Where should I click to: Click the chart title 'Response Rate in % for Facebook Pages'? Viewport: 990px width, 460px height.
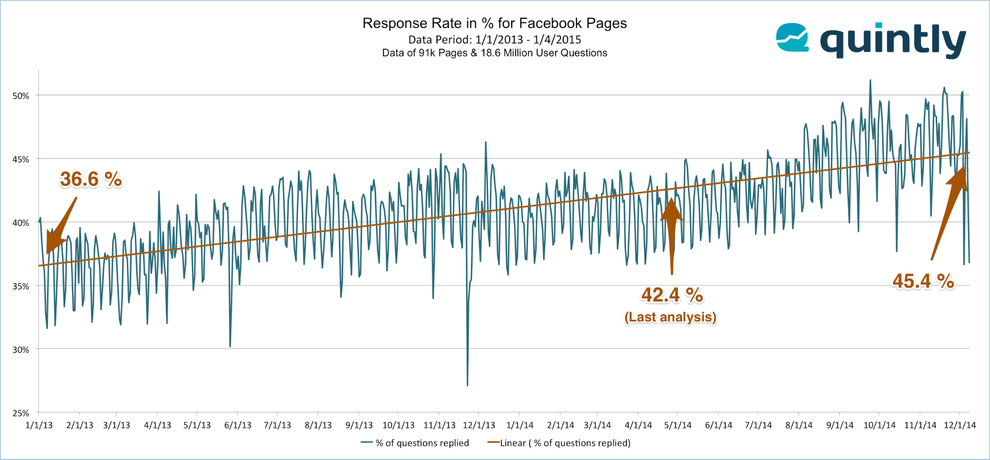point(494,23)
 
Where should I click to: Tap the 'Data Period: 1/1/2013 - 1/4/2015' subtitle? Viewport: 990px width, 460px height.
point(494,40)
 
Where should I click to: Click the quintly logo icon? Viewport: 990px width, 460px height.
point(792,38)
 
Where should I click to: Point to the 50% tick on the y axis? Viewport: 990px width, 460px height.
point(21,96)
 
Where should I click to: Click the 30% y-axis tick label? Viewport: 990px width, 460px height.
point(21,350)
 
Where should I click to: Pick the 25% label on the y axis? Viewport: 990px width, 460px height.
point(21,413)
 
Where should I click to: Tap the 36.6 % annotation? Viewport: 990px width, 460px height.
point(91,179)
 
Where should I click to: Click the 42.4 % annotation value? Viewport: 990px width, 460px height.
point(672,295)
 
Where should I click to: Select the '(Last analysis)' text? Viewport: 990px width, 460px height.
point(670,317)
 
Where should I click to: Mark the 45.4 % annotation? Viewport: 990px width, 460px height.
point(923,282)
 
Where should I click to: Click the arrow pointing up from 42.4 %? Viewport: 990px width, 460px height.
point(672,233)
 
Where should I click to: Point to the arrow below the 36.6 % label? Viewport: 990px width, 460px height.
point(60,226)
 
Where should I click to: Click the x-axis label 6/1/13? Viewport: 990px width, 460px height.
point(238,425)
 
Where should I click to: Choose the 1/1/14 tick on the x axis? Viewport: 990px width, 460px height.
point(520,425)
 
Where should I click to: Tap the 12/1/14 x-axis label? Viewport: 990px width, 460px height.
point(959,425)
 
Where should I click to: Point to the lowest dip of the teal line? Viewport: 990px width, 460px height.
point(467,385)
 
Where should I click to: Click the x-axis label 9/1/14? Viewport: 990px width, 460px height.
point(839,425)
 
